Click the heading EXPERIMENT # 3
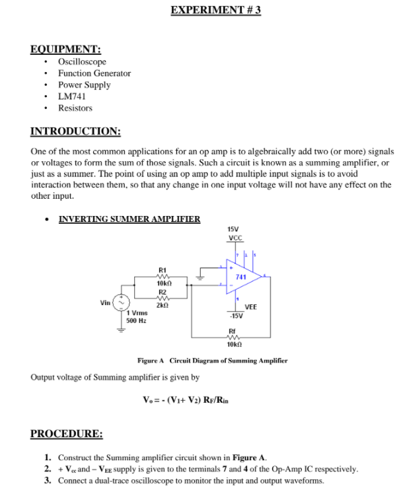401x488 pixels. tap(215, 11)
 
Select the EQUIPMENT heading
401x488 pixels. tap(65, 49)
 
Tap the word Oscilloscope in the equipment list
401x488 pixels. tap(82, 61)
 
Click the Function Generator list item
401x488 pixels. tap(94, 73)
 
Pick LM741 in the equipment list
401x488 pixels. tap(71, 96)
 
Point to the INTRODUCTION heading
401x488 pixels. tap(76, 131)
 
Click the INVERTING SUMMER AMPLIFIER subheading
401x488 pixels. tap(129, 219)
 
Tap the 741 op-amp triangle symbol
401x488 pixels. tap(242, 277)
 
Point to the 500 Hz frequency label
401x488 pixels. tap(137, 320)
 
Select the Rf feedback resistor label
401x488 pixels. tap(232, 331)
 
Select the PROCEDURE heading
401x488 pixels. tap(67, 434)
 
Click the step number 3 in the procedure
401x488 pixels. tap(48, 481)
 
